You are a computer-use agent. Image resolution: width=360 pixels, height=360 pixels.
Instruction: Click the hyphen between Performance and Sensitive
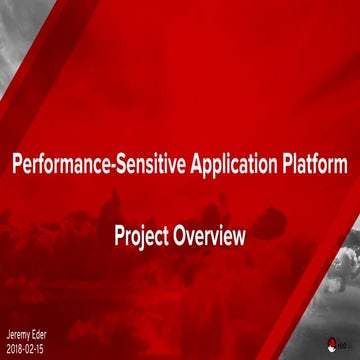(x=101, y=163)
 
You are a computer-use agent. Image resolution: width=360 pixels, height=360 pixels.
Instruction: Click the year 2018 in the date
(x=14, y=347)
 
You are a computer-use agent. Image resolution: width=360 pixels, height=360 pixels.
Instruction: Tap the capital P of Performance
(x=15, y=162)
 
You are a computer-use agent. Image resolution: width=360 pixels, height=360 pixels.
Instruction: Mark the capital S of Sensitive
(x=110, y=162)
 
